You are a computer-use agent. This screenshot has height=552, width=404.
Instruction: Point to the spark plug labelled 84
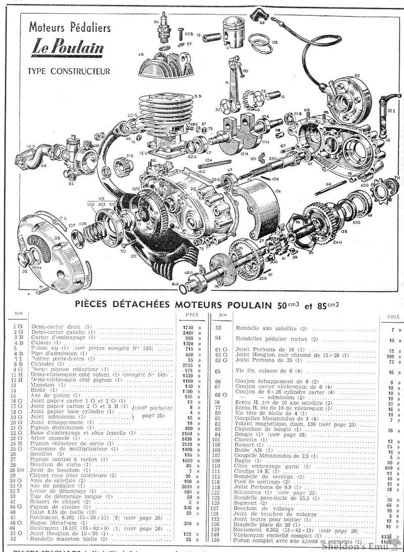165,27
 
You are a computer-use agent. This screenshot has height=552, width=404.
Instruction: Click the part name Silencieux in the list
252,492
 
